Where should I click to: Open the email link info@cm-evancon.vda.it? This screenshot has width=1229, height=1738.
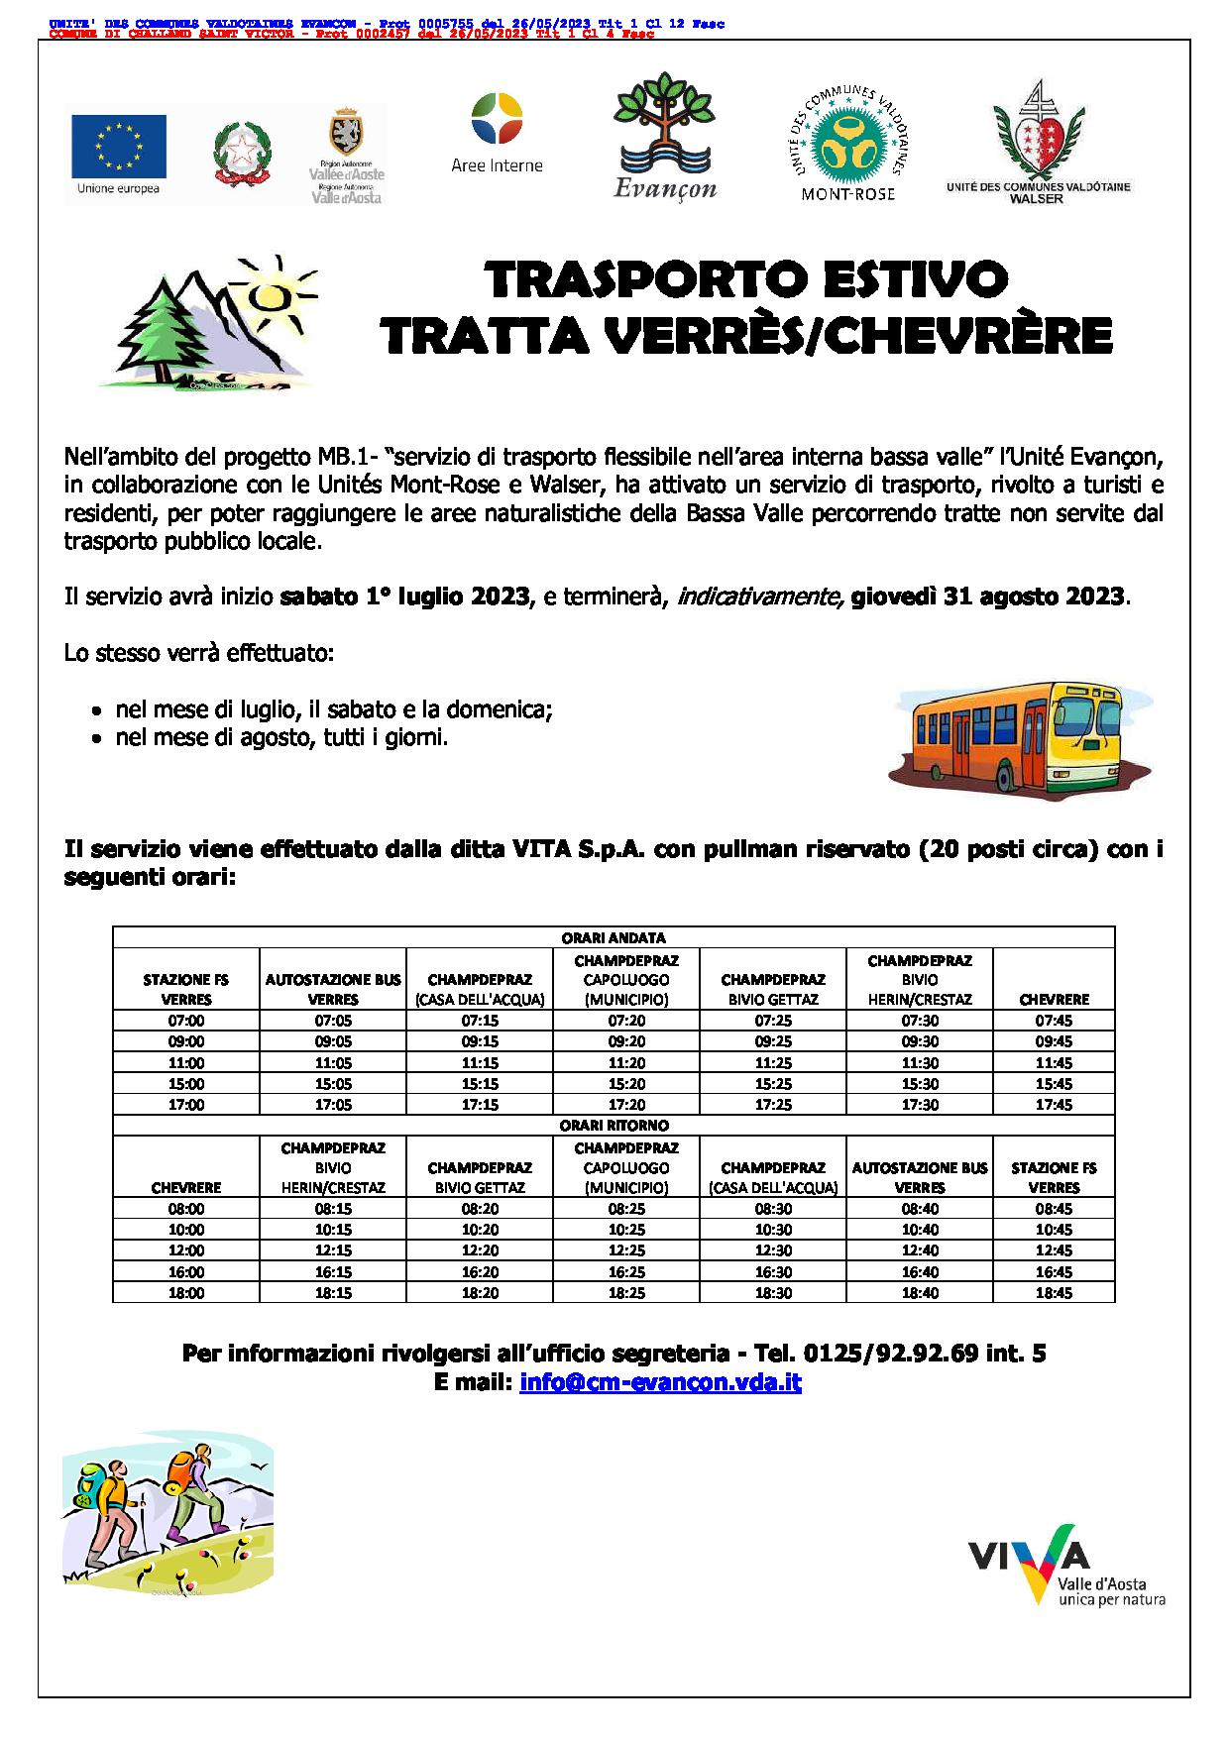(659, 1382)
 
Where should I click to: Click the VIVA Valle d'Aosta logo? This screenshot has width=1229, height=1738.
(1066, 1565)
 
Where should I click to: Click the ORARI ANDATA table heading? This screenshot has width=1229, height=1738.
(614, 937)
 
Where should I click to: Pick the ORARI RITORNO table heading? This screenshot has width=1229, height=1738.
(614, 1125)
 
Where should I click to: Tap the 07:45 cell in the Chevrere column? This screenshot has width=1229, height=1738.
(1054, 1021)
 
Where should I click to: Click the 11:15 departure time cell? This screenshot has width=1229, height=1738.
(481, 1062)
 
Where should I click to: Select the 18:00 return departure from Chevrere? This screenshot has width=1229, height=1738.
(186, 1292)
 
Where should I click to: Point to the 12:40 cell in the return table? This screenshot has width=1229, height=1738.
(919, 1250)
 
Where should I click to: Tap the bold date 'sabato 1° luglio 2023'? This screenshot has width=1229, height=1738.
(404, 597)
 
